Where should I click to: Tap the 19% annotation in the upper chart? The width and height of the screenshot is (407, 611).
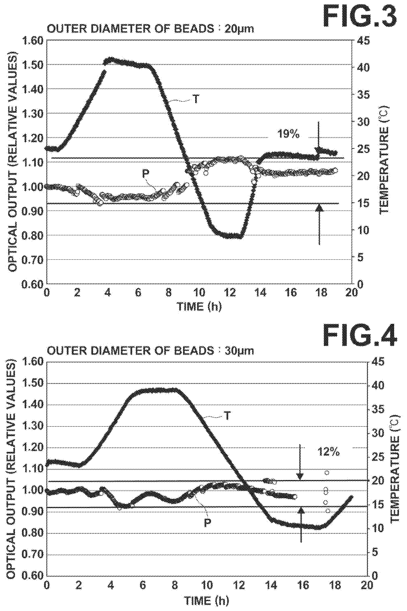pyautogui.click(x=288, y=134)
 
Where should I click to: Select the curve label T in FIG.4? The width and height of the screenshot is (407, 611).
pyautogui.click(x=227, y=416)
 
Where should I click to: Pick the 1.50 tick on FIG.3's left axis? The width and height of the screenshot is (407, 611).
pyautogui.click(x=33, y=64)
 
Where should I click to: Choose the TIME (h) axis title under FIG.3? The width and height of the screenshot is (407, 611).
pyautogui.click(x=199, y=307)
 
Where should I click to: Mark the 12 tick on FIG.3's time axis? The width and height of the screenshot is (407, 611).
pyautogui.click(x=230, y=293)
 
